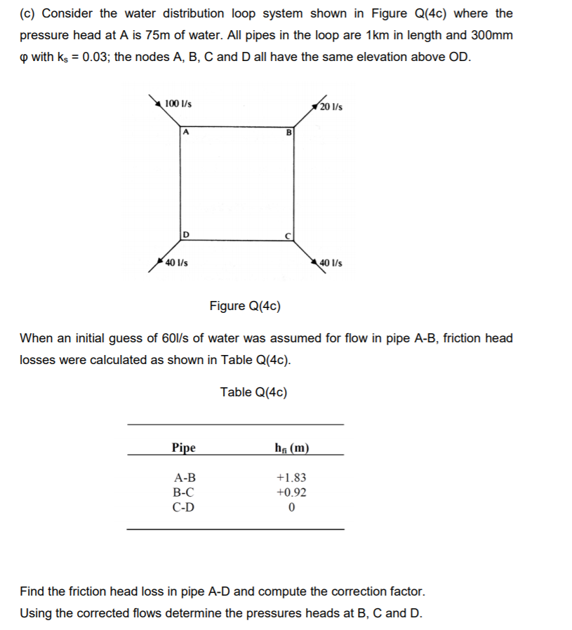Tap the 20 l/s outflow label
tap(331, 107)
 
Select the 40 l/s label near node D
tap(176, 263)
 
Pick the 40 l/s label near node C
tap(331, 263)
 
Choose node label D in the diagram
tap(185, 234)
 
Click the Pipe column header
tap(184, 448)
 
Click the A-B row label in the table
tap(184, 478)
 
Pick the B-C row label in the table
tap(184, 492)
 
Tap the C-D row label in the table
tap(184, 507)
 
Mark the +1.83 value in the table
tap(292, 478)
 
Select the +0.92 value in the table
tap(292, 492)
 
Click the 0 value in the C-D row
tap(292, 507)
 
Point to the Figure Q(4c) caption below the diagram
tap(245, 306)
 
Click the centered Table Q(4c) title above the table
tap(253, 392)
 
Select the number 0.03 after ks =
tap(94, 57)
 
